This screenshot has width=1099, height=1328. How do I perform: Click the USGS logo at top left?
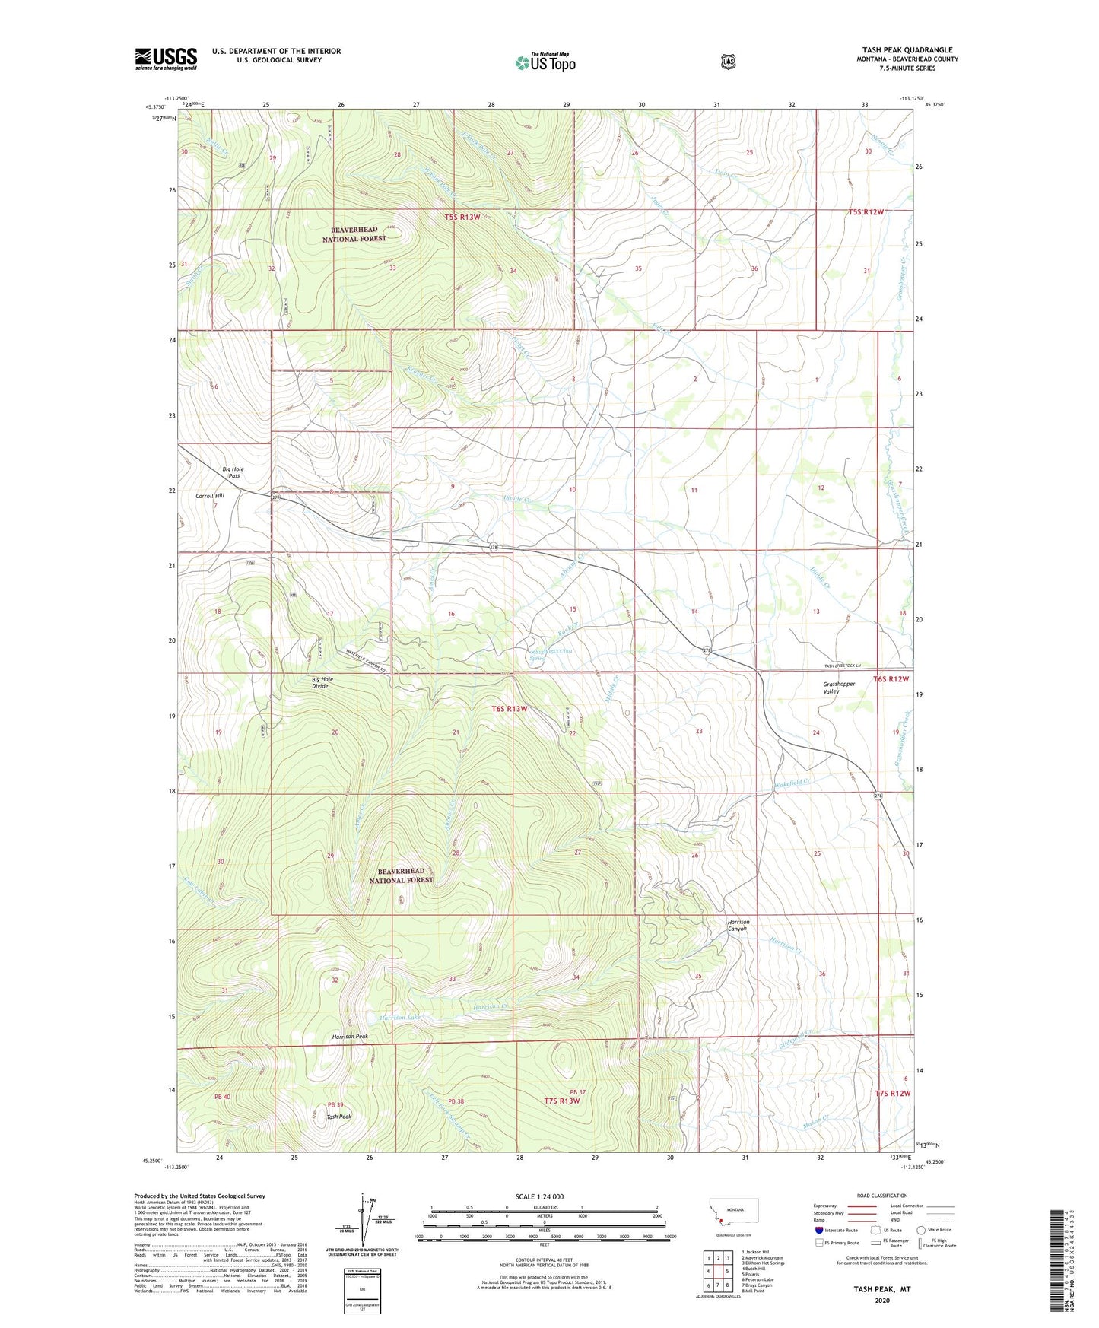166,59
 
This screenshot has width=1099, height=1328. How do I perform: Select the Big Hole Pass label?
233,472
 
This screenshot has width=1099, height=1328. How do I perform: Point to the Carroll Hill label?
210,496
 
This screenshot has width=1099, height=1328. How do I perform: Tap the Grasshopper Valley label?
839,688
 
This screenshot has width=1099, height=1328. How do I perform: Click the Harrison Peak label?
350,1037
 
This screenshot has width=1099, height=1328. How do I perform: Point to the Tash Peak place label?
338,1117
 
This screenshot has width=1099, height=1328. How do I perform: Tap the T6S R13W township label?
509,709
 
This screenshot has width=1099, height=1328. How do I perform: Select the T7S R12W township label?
892,1093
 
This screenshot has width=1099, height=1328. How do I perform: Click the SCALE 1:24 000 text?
539,1196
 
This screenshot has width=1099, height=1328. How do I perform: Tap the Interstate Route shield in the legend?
818,1229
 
